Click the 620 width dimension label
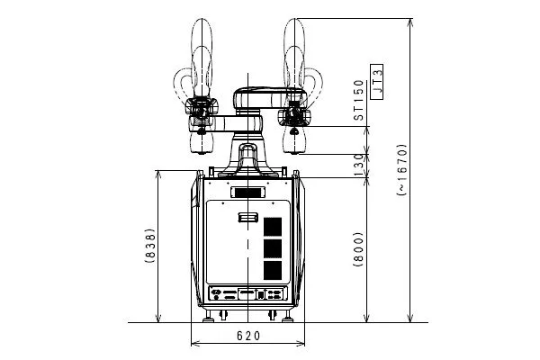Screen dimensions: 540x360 248,336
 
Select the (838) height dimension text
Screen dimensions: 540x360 149,246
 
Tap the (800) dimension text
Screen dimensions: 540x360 358,249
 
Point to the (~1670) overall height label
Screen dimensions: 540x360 402,170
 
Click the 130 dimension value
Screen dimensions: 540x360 358,166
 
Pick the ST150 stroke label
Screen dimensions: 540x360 358,100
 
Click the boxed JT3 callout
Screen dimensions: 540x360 377,82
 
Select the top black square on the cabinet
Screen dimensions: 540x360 273,227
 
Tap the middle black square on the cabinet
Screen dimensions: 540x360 273,248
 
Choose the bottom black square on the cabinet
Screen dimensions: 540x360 273,270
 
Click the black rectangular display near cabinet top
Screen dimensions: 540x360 247,193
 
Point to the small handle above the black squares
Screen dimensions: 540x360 248,218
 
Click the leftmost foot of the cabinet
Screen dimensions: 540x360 208,316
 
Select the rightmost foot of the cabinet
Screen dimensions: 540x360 288,316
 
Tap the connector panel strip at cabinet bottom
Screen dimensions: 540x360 247,294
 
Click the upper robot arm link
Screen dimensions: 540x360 269,98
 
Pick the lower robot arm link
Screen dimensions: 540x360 226,124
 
